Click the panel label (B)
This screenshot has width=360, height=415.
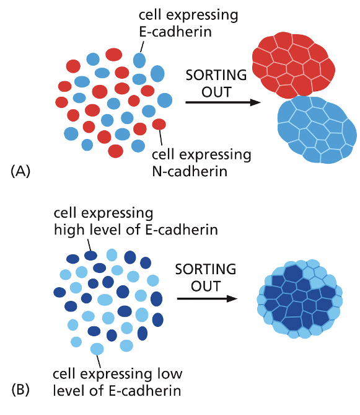pyautogui.click(x=20, y=390)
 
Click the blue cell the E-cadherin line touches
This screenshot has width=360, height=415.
pyautogui.click(x=139, y=60)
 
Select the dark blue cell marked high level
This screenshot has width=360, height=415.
pyautogui.click(x=91, y=255)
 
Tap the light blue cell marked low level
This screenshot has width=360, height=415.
pyautogui.click(x=97, y=349)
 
